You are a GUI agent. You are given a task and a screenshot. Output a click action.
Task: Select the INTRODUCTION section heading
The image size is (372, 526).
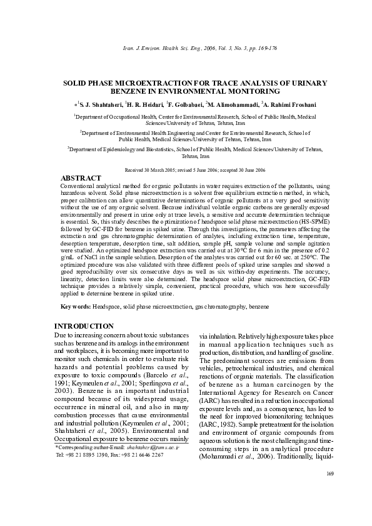84,326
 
